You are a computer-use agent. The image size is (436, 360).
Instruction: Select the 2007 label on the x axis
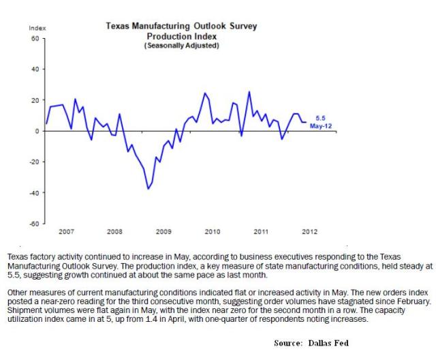(66, 232)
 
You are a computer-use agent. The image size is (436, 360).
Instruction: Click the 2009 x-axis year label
(163, 232)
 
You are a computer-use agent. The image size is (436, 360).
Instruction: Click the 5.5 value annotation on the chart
(320, 118)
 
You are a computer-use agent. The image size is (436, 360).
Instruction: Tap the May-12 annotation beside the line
(321, 126)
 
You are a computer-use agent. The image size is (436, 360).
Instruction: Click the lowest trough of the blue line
(149, 189)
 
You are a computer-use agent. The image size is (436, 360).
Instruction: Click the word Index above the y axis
(37, 29)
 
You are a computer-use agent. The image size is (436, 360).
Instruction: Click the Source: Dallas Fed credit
(311, 343)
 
